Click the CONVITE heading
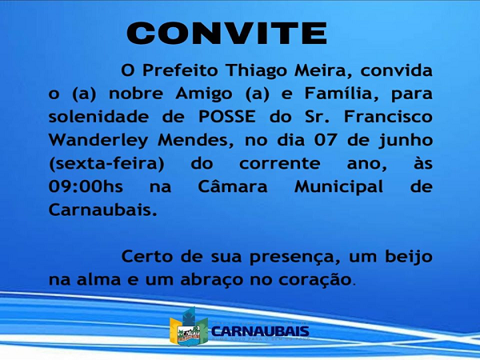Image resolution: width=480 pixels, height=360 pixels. tap(227, 33)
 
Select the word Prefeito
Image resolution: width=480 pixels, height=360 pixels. tap(180, 70)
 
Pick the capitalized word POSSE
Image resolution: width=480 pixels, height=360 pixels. tap(227, 117)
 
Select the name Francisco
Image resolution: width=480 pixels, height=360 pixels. tap(388, 117)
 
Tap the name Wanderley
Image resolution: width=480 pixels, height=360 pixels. tap(98, 141)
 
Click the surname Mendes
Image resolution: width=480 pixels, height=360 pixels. tap(193, 141)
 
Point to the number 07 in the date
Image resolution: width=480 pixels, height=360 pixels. tap(326, 140)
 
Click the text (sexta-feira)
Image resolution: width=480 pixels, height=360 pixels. tap(106, 164)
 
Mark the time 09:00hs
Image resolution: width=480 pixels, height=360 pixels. tap(86, 186)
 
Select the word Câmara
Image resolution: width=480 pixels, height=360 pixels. tap(233, 186)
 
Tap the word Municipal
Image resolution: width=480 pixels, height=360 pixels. tap(338, 187)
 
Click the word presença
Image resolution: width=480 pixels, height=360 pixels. tap(294, 258)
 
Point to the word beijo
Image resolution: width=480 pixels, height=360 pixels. tap(408, 258)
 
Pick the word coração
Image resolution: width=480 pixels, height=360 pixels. tap(314, 280)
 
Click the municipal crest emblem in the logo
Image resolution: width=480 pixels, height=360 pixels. tap(189, 327)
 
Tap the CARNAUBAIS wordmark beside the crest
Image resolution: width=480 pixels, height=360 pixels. tap(260, 331)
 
